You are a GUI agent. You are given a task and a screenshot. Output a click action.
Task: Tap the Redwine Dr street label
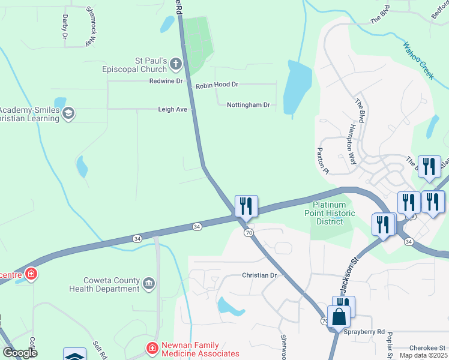point(166,81)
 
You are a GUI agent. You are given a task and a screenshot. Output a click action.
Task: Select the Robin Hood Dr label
point(217,86)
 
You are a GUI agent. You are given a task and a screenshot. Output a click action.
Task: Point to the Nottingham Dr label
point(249,105)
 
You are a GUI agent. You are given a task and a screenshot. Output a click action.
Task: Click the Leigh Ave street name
point(173,110)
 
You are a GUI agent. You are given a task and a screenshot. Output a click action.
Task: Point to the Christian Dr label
point(262,275)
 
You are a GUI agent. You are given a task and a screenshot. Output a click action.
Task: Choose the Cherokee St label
point(427,348)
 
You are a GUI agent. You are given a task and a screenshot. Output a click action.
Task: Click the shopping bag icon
point(339,317)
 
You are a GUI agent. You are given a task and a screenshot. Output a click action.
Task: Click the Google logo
point(20,353)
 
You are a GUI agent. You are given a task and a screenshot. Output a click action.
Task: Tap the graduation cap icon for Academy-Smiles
point(68,113)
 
